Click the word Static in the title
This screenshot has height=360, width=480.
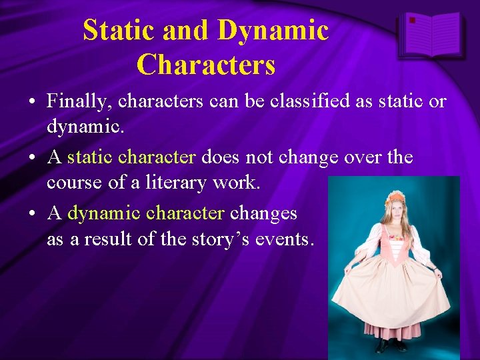117,31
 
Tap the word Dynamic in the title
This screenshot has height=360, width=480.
273,31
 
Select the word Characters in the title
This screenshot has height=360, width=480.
205,65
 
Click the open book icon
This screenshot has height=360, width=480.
432,35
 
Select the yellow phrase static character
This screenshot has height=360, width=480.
131,157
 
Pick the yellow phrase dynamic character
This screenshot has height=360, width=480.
145,213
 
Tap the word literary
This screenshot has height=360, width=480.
187,181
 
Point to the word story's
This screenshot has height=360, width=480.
227,238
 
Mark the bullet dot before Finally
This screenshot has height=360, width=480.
32,102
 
